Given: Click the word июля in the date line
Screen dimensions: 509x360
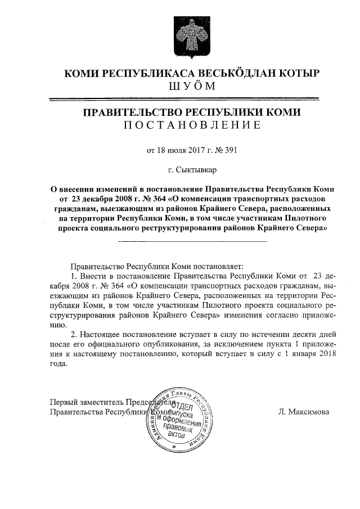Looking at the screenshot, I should coord(163,150).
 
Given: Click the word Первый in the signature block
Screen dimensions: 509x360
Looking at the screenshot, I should coord(64,402).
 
